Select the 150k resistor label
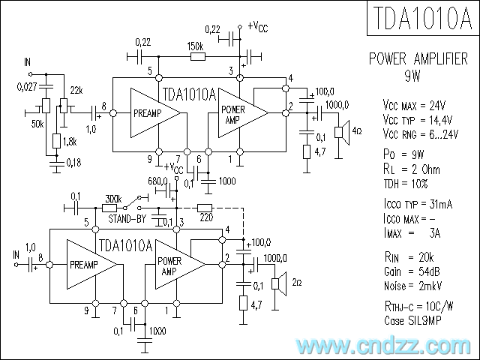pyautogui.click(x=196, y=45)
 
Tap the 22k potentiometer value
pyautogui.click(x=76, y=90)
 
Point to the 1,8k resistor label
pyautogui.click(x=70, y=141)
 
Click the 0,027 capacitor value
pyautogui.click(x=26, y=88)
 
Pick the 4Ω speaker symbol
pyautogui.click(x=340, y=133)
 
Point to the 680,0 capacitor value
pyautogui.click(x=158, y=182)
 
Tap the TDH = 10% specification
pyautogui.click(x=405, y=183)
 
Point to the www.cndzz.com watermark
pyautogui.click(x=383, y=346)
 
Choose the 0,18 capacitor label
pyautogui.click(x=74, y=162)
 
